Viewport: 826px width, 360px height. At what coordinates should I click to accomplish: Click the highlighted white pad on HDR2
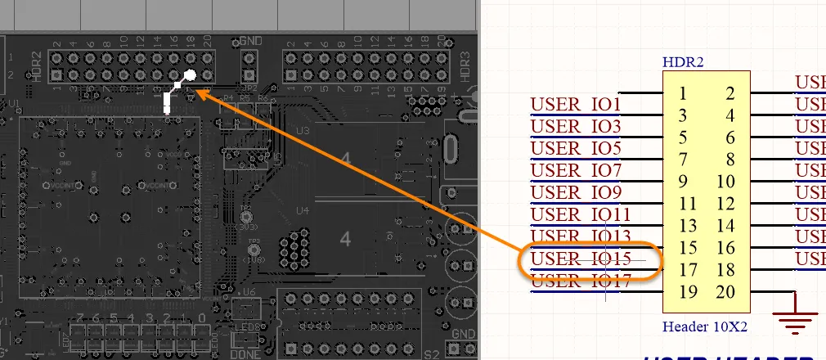pos(190,75)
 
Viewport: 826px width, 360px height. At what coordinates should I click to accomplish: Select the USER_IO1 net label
pos(576,105)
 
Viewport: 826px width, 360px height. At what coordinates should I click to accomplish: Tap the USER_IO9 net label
pos(576,193)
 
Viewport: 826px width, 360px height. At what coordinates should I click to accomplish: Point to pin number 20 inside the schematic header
pos(726,293)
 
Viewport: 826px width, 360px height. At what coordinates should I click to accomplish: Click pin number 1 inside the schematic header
pos(682,94)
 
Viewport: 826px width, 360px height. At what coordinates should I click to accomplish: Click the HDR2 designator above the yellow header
pos(684,61)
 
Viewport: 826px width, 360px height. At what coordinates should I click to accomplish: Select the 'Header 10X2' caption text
pos(705,327)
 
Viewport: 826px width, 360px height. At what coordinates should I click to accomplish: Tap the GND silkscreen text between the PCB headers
pos(250,40)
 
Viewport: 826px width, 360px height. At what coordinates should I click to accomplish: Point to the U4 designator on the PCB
pos(303,210)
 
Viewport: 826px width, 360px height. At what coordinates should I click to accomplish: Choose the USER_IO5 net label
pos(576,149)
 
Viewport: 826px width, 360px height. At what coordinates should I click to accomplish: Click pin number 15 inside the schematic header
pos(687,249)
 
